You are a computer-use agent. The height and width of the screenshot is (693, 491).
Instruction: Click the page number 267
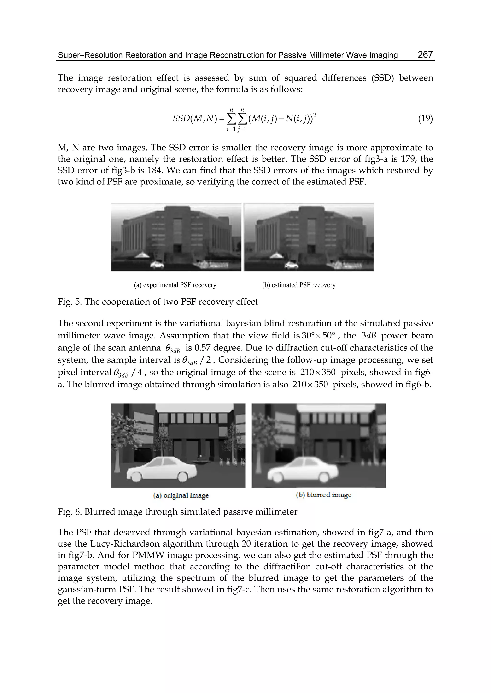tap(425, 54)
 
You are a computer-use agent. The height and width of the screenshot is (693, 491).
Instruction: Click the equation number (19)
tap(425, 118)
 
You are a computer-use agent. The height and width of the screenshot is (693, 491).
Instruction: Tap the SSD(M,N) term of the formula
tap(195, 118)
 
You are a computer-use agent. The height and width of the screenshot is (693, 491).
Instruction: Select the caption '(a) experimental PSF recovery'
tap(175, 285)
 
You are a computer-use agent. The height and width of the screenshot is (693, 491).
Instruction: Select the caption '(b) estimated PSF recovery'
tap(299, 285)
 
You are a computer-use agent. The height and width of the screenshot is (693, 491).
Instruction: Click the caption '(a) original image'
tap(181, 496)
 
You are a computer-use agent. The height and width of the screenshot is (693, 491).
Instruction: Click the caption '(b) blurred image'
tap(323, 495)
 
